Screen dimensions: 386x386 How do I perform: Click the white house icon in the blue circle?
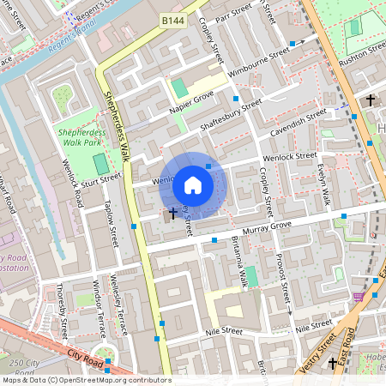pyautogui.click(x=193, y=184)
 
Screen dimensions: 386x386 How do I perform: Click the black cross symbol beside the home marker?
pyautogui.click(x=172, y=212)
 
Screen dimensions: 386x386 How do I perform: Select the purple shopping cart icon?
pyautogui.click(x=359, y=296)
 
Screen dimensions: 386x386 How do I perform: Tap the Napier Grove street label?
pyautogui.click(x=167, y=105)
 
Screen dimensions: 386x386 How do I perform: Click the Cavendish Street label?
pyautogui.click(x=298, y=120)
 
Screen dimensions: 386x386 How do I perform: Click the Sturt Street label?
pyautogui.click(x=100, y=178)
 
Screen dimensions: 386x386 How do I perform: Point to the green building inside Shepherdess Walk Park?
pyautogui.click(x=100, y=163)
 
